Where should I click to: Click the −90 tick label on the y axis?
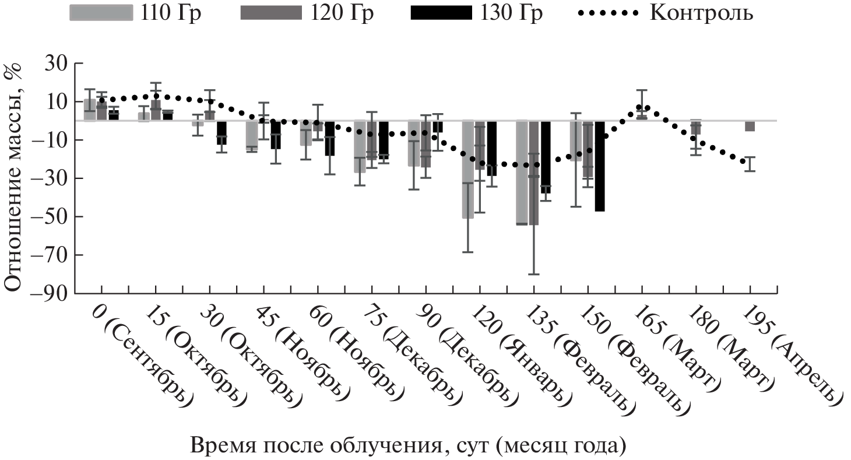pos(49,293)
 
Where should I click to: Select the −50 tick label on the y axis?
pos(49,217)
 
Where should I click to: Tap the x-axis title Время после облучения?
pos(407,447)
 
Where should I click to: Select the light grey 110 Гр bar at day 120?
pos(467,170)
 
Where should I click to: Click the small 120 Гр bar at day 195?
pos(750,126)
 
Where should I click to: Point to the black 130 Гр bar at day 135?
pos(546,157)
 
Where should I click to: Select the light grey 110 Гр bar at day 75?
pos(360,146)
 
